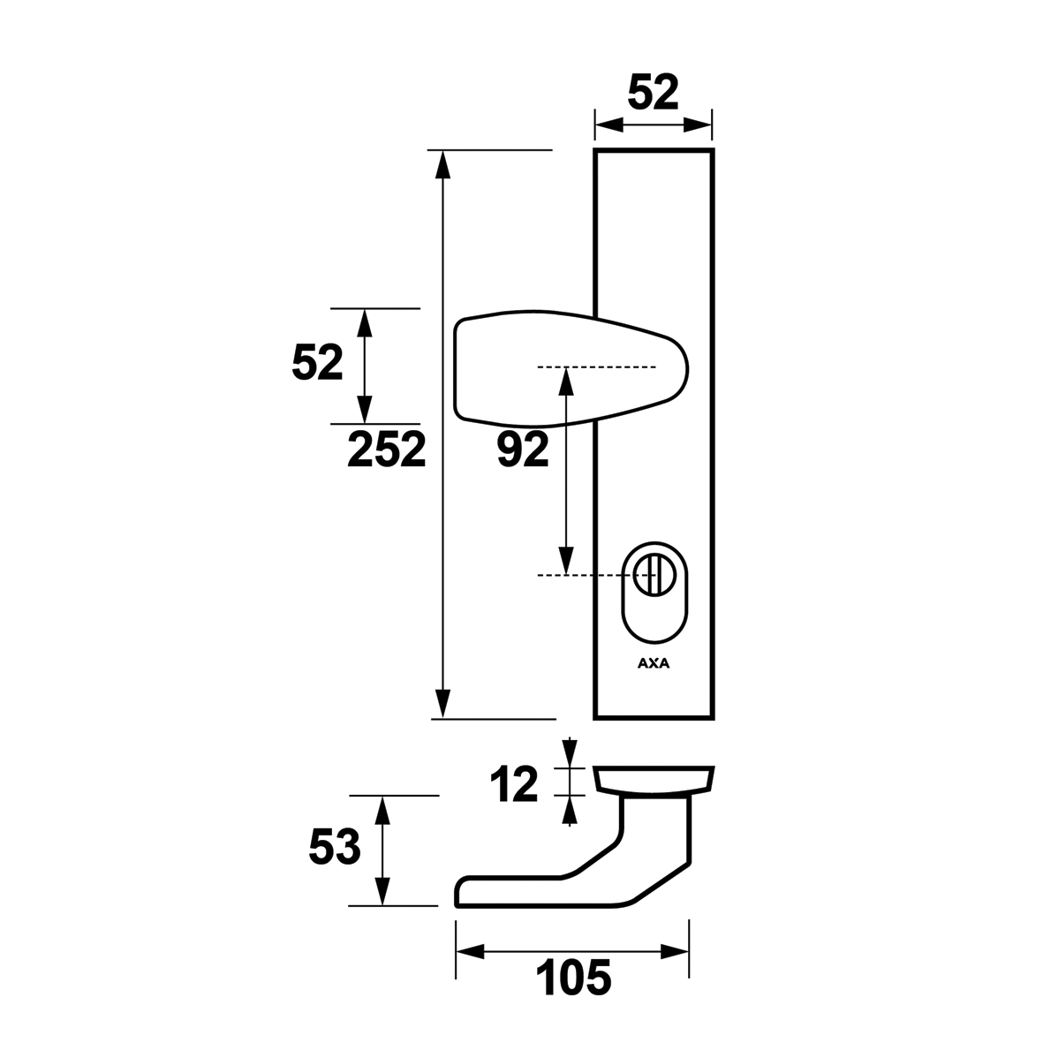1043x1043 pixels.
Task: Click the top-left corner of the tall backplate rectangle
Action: click(595, 150)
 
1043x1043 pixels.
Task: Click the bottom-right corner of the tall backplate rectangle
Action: click(714, 719)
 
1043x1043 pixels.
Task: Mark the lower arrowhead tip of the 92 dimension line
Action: click(565, 574)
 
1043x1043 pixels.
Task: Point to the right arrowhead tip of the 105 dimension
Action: click(689, 953)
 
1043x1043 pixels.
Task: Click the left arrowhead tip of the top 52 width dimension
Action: click(595, 125)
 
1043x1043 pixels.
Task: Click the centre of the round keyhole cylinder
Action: click(646, 575)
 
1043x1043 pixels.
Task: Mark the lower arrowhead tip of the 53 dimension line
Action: click(382, 905)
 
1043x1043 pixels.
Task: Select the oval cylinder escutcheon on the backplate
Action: click(655, 593)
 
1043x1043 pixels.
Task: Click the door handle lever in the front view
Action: click(571, 367)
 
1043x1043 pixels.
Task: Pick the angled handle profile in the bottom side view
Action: click(572, 850)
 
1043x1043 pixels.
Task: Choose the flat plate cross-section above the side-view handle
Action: click(654, 780)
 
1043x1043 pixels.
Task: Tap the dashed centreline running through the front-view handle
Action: click(597, 367)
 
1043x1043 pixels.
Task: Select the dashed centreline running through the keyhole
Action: click(597, 575)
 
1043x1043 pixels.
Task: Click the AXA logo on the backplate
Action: click(654, 663)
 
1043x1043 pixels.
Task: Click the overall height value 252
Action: click(387, 449)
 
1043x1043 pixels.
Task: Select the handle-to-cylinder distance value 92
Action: click(524, 449)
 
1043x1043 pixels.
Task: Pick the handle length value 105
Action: click(573, 978)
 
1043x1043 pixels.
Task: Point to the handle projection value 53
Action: click(335, 847)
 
